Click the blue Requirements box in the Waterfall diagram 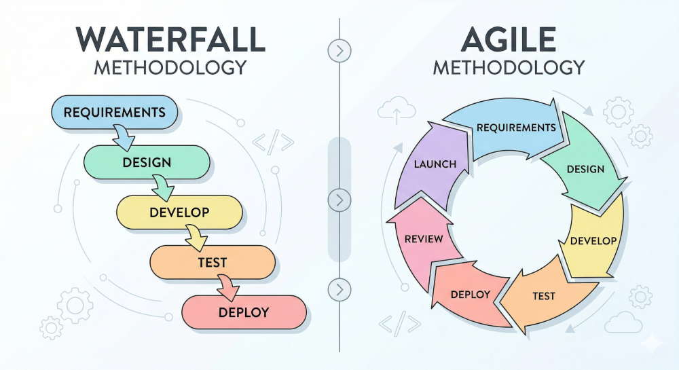115,112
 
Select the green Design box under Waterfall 147,162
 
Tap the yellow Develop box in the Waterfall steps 179,212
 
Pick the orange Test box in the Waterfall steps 213,262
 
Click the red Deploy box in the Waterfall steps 244,312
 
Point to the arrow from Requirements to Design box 124,138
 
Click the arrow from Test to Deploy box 228,288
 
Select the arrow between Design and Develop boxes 163,188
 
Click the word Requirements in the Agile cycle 516,127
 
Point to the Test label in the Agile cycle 544,296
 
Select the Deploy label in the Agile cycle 471,295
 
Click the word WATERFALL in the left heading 170,40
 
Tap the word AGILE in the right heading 509,39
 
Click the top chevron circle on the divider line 339,51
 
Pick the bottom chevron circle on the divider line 339,289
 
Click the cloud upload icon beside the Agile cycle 397,111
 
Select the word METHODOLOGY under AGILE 509,68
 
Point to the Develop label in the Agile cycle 593,241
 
